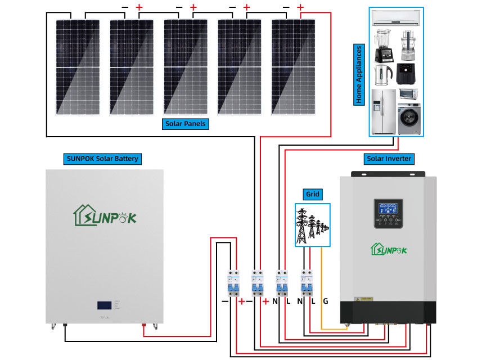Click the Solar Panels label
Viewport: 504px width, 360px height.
(x=186, y=124)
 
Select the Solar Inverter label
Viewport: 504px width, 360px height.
(x=388, y=159)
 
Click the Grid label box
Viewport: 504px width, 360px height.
(x=312, y=195)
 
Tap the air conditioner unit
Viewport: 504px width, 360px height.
(x=396, y=18)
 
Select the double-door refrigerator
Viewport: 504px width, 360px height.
(x=383, y=111)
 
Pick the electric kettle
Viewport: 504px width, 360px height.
(x=383, y=74)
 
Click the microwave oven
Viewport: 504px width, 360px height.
(x=409, y=93)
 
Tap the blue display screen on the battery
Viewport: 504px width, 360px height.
(x=104, y=307)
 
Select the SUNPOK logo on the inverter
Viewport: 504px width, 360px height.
(x=388, y=248)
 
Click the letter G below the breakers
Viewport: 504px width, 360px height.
(x=325, y=301)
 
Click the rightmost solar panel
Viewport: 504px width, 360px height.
(x=293, y=66)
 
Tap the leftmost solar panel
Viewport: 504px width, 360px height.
(x=77, y=66)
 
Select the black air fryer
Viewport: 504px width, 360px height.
(x=408, y=74)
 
